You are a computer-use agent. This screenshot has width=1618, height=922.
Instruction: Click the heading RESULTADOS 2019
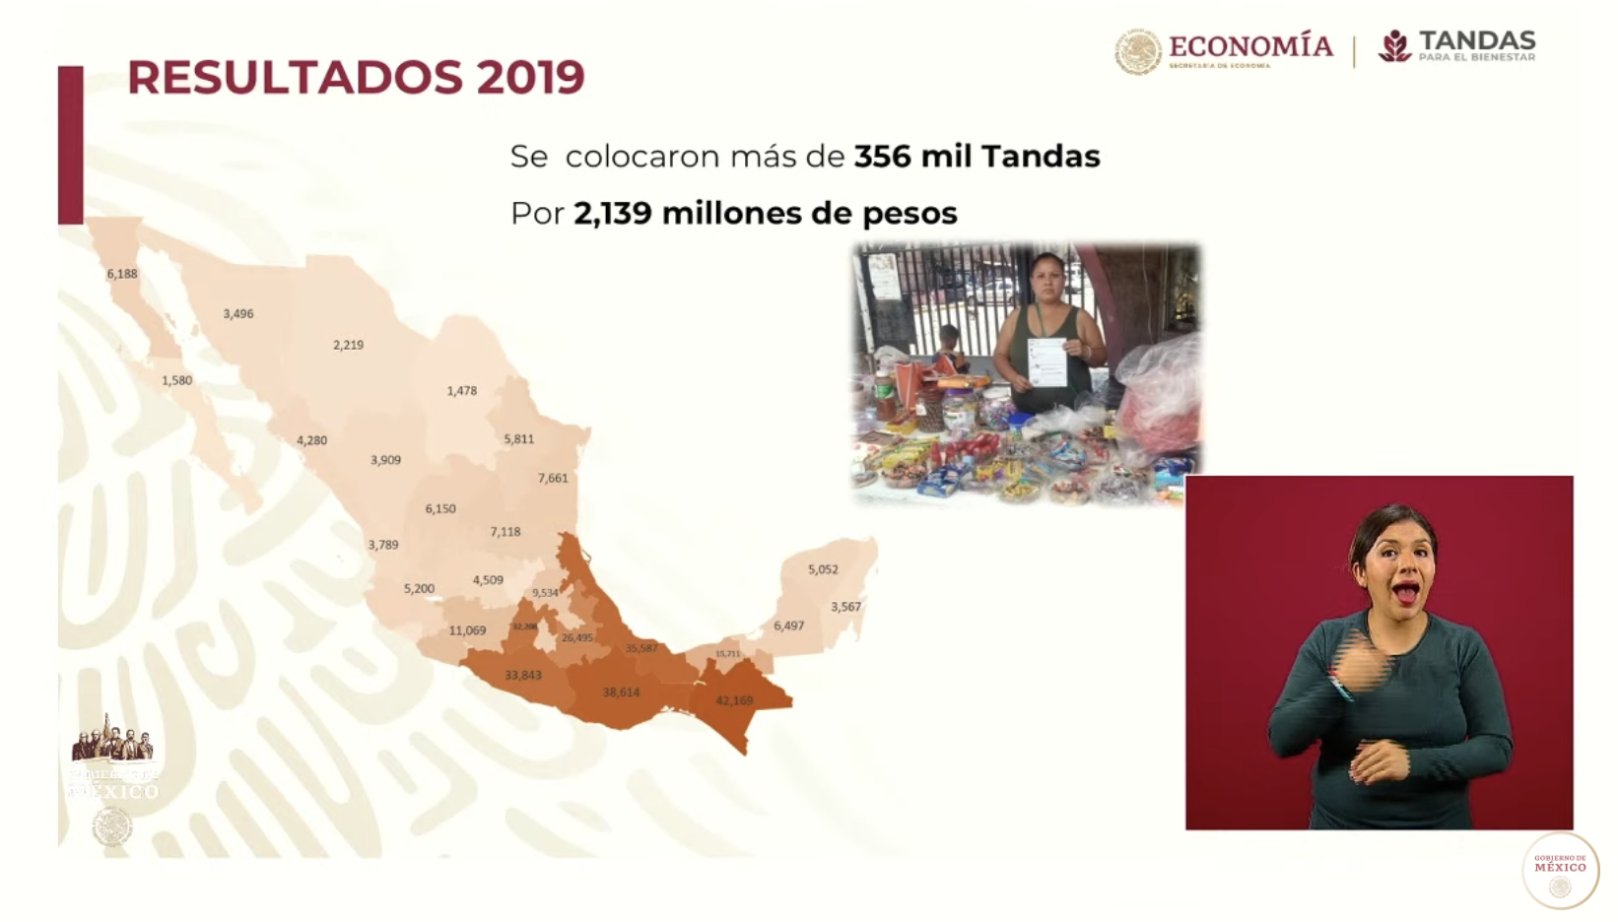[x=356, y=77]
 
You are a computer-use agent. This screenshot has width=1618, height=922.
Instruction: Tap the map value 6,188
[x=122, y=274]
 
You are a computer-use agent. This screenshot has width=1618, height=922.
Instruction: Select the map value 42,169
[x=734, y=701]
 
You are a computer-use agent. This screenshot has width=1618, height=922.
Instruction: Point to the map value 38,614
[x=621, y=692]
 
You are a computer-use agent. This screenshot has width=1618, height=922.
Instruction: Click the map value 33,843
[x=522, y=676]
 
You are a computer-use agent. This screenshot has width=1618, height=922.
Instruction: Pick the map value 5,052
[x=823, y=569]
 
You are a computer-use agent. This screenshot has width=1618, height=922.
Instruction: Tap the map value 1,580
[x=176, y=380]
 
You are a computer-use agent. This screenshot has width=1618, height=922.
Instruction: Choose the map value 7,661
[x=553, y=479]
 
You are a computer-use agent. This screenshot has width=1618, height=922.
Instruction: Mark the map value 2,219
[x=348, y=345]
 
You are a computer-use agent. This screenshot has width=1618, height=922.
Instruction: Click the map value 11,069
[x=467, y=630]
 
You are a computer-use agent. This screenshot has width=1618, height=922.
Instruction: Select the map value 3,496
[x=237, y=314]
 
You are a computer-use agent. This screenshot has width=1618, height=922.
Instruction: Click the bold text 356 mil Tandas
[x=977, y=157]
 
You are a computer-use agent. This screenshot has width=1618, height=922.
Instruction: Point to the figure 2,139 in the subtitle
[x=612, y=213]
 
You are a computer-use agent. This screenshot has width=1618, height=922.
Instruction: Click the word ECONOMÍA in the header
[x=1250, y=46]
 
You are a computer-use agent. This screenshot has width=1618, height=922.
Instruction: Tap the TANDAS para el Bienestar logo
[x=1457, y=46]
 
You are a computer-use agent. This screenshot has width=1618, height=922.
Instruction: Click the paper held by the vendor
[x=1046, y=362]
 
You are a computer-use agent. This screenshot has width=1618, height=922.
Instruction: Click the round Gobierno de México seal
[x=1560, y=870]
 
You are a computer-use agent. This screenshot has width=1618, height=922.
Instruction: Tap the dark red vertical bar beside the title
[x=70, y=145]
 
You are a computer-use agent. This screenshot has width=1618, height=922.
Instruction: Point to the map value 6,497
[x=788, y=626]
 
